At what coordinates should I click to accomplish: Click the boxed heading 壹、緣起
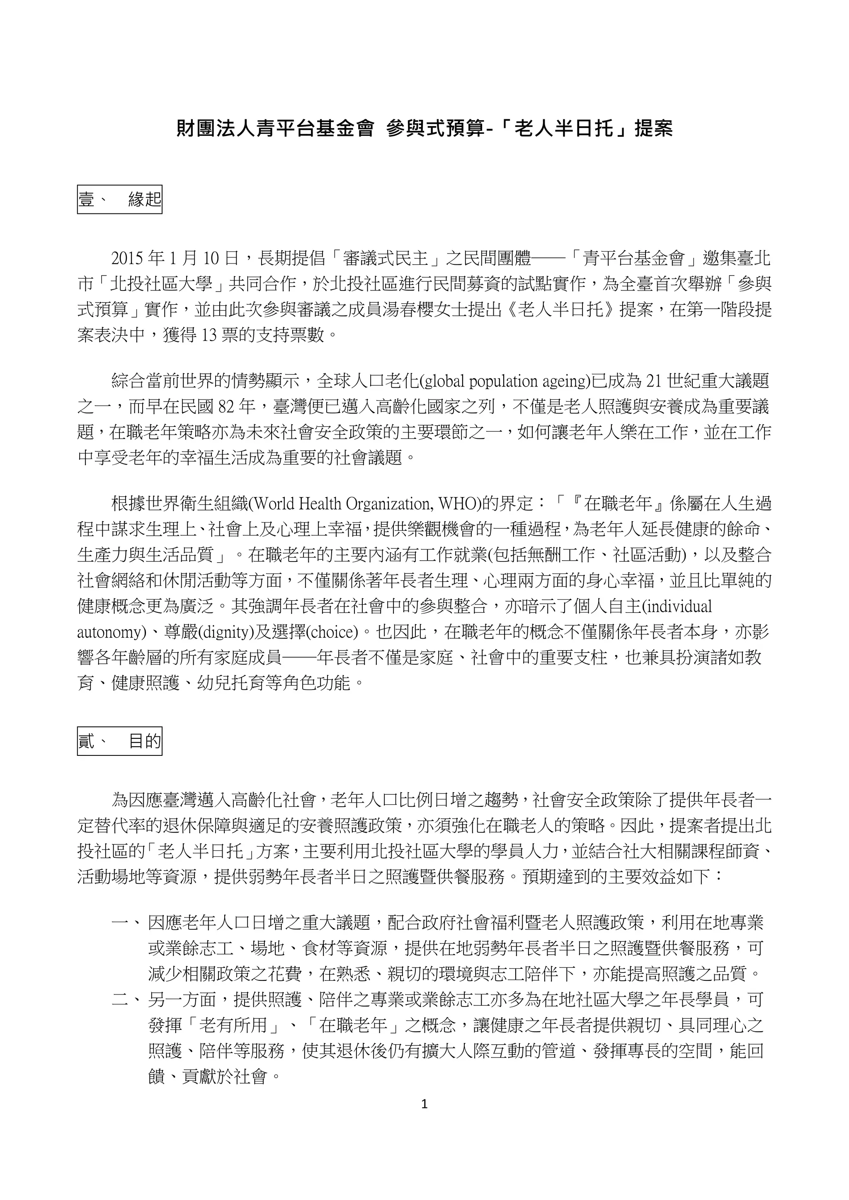click(x=119, y=199)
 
